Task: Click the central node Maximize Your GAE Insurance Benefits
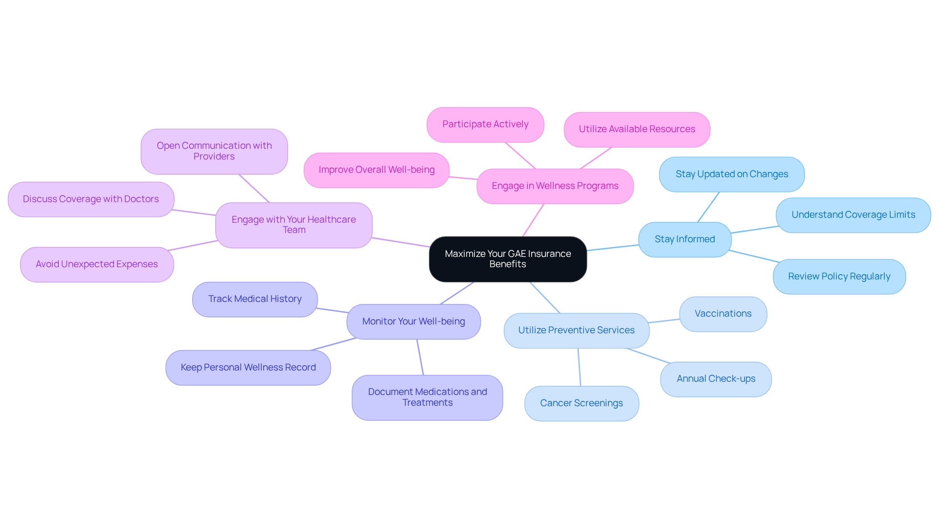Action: point(508,259)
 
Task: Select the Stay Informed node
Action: point(685,239)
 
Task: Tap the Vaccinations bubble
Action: point(723,314)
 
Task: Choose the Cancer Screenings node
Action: point(581,403)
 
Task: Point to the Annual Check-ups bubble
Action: point(716,379)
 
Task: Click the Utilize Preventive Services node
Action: point(577,330)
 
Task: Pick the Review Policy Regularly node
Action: point(839,277)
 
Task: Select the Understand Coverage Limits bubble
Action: point(853,215)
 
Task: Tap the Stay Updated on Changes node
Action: point(732,174)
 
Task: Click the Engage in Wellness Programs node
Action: point(555,186)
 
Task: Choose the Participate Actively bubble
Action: point(485,124)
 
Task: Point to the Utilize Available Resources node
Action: point(637,129)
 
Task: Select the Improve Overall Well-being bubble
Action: point(377,170)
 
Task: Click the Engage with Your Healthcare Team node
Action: point(294,225)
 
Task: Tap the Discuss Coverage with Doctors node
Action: point(91,199)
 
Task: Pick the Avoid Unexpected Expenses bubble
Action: point(97,264)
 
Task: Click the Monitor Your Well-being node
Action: point(414,322)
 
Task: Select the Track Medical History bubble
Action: point(255,299)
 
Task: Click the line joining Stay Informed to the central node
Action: point(612,248)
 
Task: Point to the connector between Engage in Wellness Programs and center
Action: point(533,220)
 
